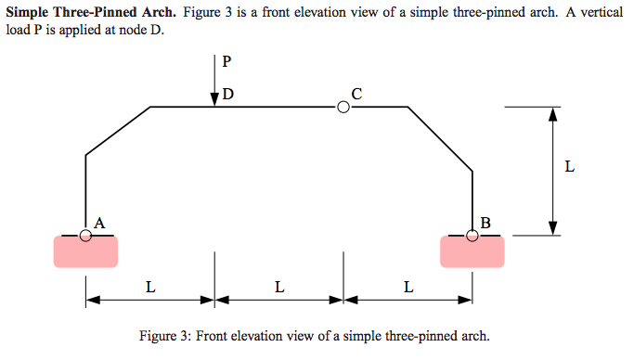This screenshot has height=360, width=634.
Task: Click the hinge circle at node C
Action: click(x=343, y=108)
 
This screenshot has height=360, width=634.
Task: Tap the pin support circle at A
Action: click(x=86, y=236)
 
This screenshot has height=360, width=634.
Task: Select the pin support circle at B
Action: click(x=472, y=236)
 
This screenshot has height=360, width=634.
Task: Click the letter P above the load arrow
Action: click(x=226, y=63)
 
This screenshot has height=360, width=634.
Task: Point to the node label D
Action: click(x=228, y=95)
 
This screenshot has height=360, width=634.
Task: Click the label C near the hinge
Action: click(x=356, y=92)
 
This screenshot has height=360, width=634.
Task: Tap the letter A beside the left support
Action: click(x=99, y=222)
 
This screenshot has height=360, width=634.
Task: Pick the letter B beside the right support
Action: click(x=485, y=222)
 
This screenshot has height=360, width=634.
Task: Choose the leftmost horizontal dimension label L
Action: click(x=150, y=286)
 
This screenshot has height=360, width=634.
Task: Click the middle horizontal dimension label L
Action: click(x=279, y=286)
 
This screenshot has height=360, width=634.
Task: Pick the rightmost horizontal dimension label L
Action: click(x=408, y=286)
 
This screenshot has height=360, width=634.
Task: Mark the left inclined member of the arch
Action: click(x=118, y=131)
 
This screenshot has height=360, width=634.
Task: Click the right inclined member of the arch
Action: click(x=440, y=139)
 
